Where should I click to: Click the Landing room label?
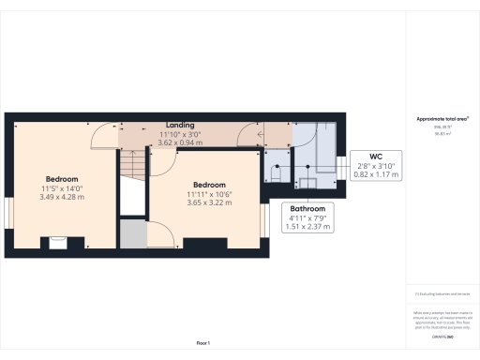[x=180, y=125]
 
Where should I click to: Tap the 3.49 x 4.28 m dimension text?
[x=62, y=197]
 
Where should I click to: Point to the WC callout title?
[x=375, y=156]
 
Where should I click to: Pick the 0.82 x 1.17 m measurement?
[x=375, y=174]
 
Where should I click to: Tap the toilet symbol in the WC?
[x=277, y=172]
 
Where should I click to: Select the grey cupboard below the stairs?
[x=132, y=234]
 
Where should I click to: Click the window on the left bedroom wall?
[x=8, y=210]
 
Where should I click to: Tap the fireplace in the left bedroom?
[x=58, y=242]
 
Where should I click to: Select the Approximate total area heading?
[x=442, y=119]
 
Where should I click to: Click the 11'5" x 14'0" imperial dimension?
[x=62, y=187]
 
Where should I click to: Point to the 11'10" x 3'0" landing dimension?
[x=180, y=133]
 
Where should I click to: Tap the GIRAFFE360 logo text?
[x=442, y=334]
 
